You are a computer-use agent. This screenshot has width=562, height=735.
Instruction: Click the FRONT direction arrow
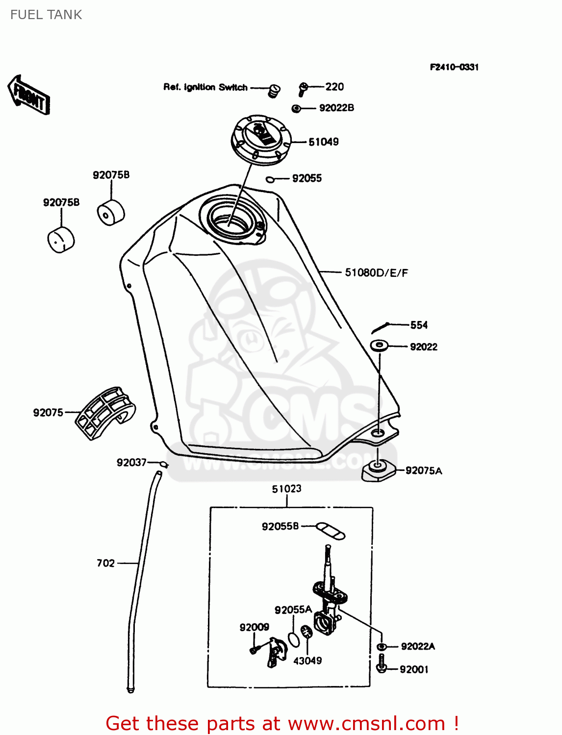pos(29,95)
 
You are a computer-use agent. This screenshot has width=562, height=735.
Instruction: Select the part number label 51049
pos(323,142)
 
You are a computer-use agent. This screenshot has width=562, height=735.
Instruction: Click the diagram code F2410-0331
pos(454,67)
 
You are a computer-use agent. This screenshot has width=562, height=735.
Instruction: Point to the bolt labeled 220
pos(303,89)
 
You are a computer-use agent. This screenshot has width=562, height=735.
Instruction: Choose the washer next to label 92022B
pos(296,108)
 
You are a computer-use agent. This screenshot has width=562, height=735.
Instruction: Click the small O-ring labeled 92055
pos(270,180)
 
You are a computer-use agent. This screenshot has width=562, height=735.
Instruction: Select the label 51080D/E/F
pos(376,273)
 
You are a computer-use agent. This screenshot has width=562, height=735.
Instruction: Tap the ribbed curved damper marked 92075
pos(105,413)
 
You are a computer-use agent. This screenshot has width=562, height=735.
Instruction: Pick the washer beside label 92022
pos(379,345)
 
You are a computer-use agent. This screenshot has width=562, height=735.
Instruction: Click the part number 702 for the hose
pos(105,563)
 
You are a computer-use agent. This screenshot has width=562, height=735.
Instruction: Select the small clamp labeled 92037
pos(164,464)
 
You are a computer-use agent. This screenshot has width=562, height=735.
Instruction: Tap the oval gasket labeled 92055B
pos(330,531)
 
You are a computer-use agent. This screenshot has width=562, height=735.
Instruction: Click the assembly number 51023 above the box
pos(286,489)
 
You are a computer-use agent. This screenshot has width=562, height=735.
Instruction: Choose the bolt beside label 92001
pos(381,665)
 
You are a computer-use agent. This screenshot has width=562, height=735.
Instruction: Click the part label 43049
pos(307,661)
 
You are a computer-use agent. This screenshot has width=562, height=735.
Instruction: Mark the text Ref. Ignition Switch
pos(205,87)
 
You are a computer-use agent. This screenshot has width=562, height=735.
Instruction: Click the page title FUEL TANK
pos(46,15)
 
